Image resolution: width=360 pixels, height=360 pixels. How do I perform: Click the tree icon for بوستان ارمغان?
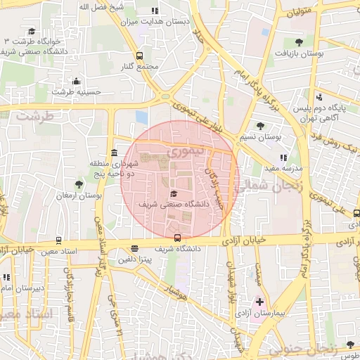[x=79, y=184]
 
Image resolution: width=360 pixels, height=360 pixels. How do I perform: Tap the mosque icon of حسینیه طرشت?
[x=76, y=81]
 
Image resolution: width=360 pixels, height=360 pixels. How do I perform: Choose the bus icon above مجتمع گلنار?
[x=139, y=56]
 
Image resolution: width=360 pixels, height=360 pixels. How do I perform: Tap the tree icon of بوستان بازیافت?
[x=300, y=42]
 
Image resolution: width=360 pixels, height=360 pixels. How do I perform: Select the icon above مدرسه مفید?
[x=283, y=158]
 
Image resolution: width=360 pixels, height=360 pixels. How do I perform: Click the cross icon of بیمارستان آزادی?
[x=259, y=302]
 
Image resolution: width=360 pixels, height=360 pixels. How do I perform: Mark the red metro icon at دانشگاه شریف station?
[x=177, y=238]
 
